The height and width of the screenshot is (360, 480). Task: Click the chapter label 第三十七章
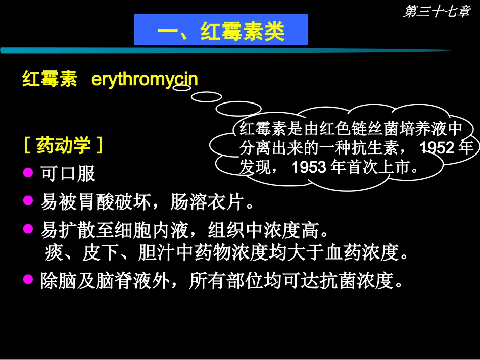tap(436, 12)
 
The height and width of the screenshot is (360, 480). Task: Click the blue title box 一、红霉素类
tap(221, 30)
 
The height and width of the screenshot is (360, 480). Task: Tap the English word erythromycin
tap(145, 80)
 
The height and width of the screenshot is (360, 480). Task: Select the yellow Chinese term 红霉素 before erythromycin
tap(50, 80)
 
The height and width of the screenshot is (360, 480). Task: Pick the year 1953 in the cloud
tap(309, 167)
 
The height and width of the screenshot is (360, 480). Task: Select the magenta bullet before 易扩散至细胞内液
tap(28, 229)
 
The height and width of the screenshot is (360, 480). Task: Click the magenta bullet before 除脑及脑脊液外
tap(28, 279)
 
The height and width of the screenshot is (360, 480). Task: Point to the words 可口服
tap(68, 174)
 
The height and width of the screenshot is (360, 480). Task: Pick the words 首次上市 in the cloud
tap(378, 167)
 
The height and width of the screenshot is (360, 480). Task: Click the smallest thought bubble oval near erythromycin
tap(182, 87)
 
